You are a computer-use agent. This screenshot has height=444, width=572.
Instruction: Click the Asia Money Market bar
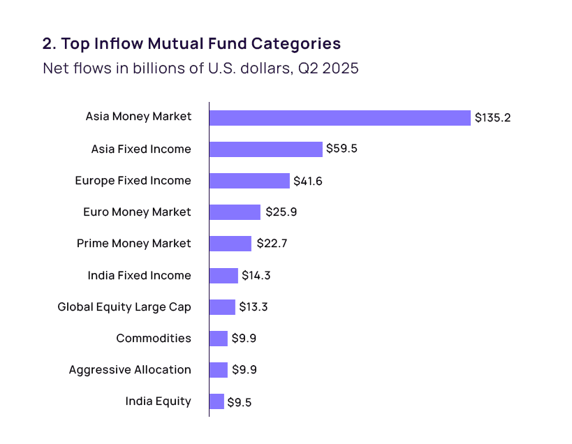coord(340,118)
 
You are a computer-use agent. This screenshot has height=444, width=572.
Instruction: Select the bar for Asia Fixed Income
coord(266,149)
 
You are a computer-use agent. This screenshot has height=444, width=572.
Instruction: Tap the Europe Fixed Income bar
coord(249,181)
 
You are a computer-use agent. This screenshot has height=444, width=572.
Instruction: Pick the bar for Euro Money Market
coord(235,212)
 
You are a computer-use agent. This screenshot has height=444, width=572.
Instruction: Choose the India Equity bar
coord(217,401)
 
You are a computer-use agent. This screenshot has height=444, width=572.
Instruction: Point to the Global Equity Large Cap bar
coord(222,307)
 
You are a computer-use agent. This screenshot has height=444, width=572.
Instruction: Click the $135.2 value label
coord(492,118)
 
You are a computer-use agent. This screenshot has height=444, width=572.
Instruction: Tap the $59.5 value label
coord(342,149)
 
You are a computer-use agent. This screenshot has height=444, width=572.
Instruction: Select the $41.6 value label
coord(308,182)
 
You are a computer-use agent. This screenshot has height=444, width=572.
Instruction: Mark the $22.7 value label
coord(272,243)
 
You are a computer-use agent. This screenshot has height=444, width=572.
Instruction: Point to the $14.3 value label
coord(256,275)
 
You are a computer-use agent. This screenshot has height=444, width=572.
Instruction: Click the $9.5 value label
coord(240,402)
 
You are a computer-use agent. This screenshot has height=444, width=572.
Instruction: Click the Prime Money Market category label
coord(134,243)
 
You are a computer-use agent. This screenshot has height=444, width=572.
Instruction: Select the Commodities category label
coord(154,339)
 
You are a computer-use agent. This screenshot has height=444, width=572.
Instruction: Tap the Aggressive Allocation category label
coord(130,369)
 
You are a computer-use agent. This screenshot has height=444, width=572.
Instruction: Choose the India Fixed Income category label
coord(140,275)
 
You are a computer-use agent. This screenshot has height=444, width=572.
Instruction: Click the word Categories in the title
coord(296,43)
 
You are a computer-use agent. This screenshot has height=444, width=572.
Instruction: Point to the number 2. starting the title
coord(50,44)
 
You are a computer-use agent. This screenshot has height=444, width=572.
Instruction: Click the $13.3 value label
coord(253,307)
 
